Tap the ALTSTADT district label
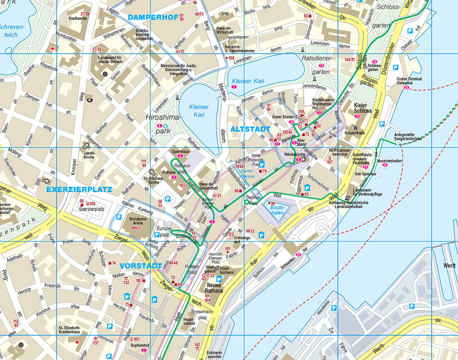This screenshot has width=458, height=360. [x=251, y=129]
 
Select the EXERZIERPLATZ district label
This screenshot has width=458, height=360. [x=79, y=190]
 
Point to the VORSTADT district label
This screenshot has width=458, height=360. [x=141, y=266]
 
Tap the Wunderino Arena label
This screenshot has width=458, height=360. [x=132, y=222]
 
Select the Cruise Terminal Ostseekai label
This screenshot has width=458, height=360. [x=409, y=81]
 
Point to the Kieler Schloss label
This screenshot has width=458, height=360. [x=362, y=107]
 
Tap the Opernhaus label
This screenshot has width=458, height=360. [x=181, y=151]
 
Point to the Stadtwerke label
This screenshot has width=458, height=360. [x=78, y=19]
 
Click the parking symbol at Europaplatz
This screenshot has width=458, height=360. [x=157, y=235]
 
